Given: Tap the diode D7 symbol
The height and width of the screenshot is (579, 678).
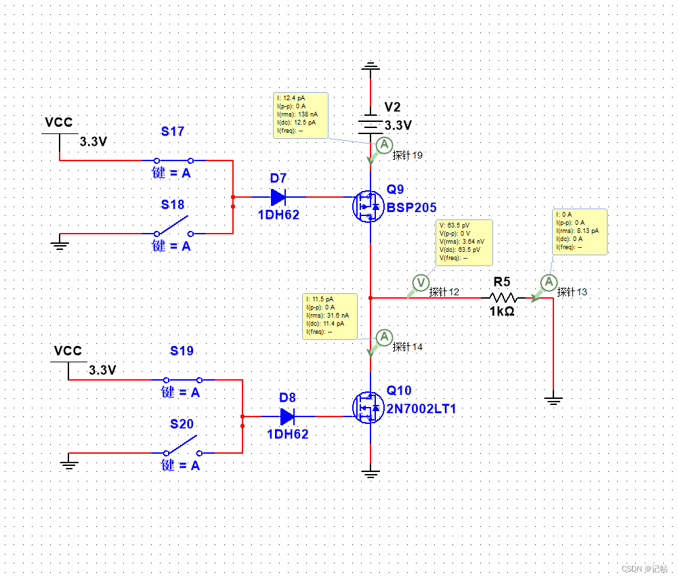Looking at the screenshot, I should coord(278,197).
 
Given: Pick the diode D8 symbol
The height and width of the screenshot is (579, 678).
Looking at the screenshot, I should coord(287,415).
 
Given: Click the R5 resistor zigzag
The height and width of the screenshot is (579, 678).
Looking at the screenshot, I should coord(503,297).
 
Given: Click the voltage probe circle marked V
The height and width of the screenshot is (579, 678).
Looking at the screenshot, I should coord(421,282).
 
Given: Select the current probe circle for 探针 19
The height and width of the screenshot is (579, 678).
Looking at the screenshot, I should coord(384,144).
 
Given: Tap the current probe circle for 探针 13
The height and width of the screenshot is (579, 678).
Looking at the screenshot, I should coord(549,282).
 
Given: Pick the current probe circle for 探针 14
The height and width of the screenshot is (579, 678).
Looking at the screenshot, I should coord(384,337).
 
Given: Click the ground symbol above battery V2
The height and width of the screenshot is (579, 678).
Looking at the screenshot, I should coord(370,66).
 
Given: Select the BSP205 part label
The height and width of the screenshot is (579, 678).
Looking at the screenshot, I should coord(411,208).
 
